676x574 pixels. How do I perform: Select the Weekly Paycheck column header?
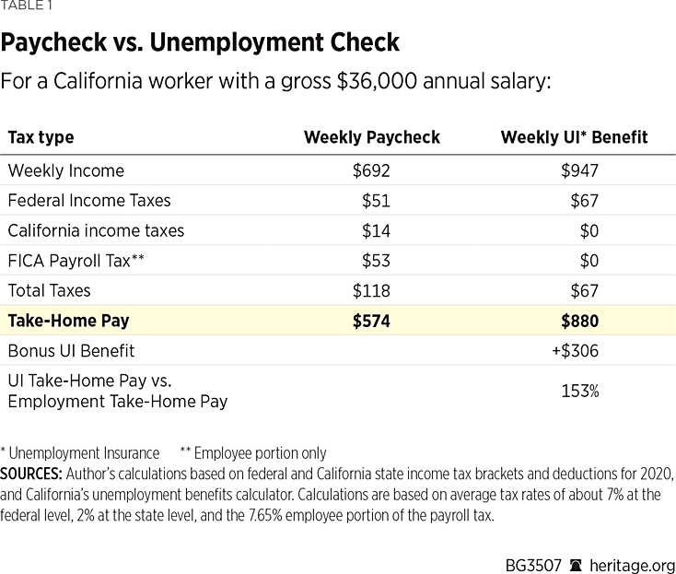click(x=371, y=137)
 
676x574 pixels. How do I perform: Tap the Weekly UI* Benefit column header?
click(x=574, y=137)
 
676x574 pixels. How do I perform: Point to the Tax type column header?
click(x=41, y=137)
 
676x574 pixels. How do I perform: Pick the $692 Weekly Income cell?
click(x=371, y=170)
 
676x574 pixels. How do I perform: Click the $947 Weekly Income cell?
click(x=579, y=170)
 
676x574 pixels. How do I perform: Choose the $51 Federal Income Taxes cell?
click(x=377, y=200)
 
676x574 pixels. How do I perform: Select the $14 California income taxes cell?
click(x=377, y=230)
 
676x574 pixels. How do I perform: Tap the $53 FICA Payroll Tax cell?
click(x=377, y=261)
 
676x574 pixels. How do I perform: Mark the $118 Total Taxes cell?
click(x=371, y=290)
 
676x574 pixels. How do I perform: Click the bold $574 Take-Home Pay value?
click(x=371, y=321)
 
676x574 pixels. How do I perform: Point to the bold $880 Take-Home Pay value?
click(x=579, y=321)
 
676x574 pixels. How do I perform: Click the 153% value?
click(x=580, y=391)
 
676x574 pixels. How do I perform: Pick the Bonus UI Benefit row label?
click(x=71, y=350)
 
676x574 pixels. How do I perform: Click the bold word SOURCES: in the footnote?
click(x=30, y=474)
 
